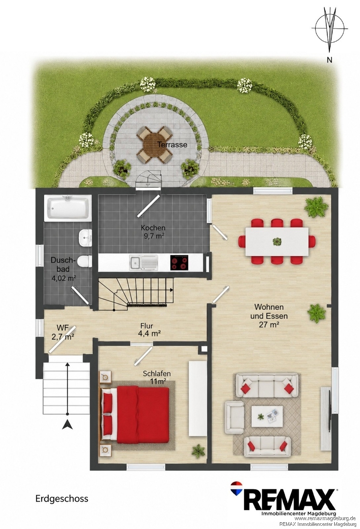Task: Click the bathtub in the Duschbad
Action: pyautogui.click(x=68, y=208)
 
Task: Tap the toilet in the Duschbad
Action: pyautogui.click(x=84, y=261)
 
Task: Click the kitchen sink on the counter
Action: pyautogui.click(x=144, y=262)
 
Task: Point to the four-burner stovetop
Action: pyautogui.click(x=179, y=262)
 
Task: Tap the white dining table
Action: pyautogui.click(x=277, y=241)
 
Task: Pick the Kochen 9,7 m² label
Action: pyautogui.click(x=153, y=232)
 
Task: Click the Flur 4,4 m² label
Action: pyautogui.click(x=150, y=330)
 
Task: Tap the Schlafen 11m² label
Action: pyautogui.click(x=157, y=377)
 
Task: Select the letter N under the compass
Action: pyautogui.click(x=329, y=60)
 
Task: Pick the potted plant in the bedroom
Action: pyautogui.click(x=198, y=451)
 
